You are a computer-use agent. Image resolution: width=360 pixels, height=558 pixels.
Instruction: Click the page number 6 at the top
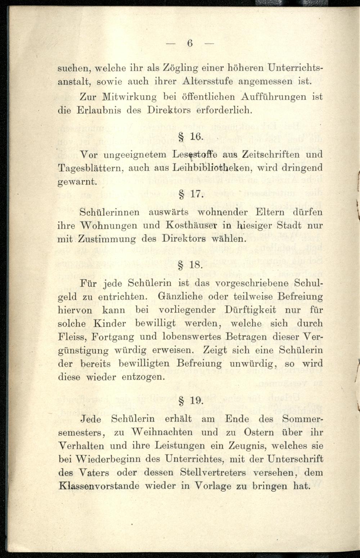pyautogui.click(x=190, y=43)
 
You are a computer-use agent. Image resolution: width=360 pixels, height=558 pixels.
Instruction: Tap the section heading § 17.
pyautogui.click(x=192, y=195)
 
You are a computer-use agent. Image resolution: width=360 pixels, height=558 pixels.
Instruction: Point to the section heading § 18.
pyautogui.click(x=191, y=265)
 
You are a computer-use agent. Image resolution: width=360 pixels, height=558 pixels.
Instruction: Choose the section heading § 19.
pyautogui.click(x=191, y=400)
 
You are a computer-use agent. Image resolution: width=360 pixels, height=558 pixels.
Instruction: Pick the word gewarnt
pyautogui.click(x=77, y=182)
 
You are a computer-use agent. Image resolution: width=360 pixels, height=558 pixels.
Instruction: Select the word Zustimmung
pyautogui.click(x=107, y=239)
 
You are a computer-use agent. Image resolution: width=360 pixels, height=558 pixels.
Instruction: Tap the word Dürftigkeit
pyautogui.click(x=250, y=310)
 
